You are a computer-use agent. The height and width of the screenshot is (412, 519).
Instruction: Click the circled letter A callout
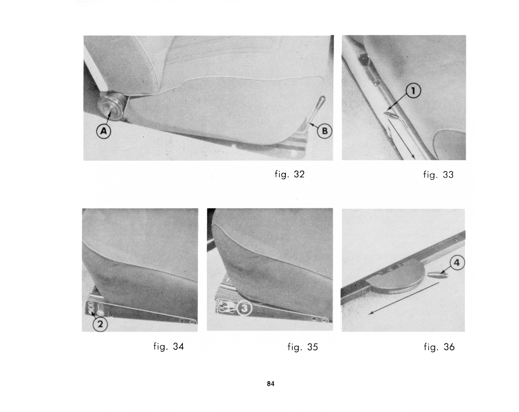[104, 131]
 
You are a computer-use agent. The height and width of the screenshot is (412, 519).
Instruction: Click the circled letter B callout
[325, 131]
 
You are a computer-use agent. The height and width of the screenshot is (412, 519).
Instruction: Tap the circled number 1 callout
[413, 91]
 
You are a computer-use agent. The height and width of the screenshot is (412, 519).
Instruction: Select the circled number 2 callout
[100, 324]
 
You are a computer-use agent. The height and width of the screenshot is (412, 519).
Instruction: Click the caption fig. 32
[289, 174]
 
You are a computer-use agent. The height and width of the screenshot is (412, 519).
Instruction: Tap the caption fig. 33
[438, 174]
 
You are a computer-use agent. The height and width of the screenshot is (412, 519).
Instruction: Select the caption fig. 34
[169, 347]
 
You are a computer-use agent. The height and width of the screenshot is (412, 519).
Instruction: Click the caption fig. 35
[303, 347]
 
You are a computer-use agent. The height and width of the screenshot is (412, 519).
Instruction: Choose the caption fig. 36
[439, 347]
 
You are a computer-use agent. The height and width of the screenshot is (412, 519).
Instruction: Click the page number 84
[271, 384]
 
